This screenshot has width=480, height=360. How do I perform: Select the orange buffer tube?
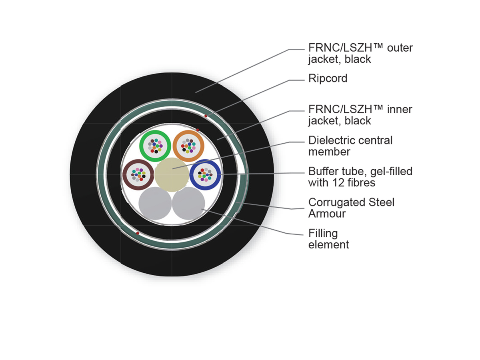point(188,146)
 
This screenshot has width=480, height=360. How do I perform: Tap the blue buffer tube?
point(205,174)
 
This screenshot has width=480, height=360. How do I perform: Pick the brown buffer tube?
point(138,174)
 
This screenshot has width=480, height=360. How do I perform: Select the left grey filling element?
point(155,204)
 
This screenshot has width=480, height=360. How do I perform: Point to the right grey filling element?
point(188,204)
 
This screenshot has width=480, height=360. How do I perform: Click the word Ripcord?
point(328,78)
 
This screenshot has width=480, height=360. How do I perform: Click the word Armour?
point(327,214)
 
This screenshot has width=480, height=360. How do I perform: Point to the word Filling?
point(323,233)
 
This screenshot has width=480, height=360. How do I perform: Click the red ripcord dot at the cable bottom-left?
point(138,233)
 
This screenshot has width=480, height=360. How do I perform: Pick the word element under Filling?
point(328,244)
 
